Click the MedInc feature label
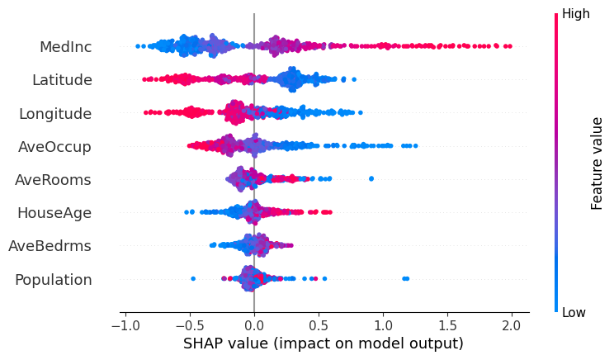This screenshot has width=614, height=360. (65, 47)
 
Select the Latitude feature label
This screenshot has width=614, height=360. (62, 80)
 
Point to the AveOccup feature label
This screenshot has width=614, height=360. (54, 146)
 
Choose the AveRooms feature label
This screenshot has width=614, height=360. (53, 179)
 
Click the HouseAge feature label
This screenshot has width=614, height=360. (54, 212)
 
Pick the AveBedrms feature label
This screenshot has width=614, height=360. (50, 245)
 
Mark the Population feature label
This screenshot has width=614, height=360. (53, 279)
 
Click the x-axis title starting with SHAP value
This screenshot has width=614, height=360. (322, 343)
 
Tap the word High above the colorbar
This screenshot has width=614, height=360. (575, 13)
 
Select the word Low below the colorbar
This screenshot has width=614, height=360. (574, 312)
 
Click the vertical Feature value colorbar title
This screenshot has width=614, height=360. (597, 163)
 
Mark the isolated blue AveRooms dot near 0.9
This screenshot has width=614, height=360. (371, 178)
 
